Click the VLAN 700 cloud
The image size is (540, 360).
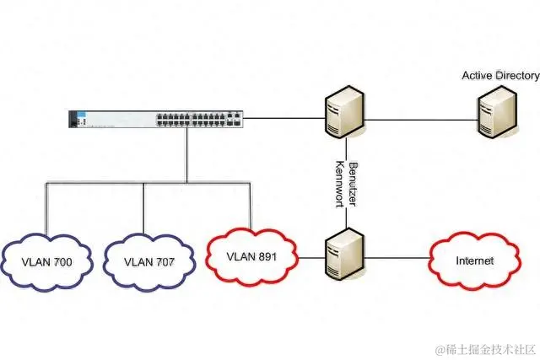(x=47, y=261)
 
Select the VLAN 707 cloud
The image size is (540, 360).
(x=148, y=261)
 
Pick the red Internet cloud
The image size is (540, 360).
(x=474, y=261)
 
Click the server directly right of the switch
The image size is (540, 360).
(x=345, y=110)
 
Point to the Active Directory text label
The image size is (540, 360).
(x=500, y=76)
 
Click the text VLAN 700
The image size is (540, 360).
(x=47, y=262)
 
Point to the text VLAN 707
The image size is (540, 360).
(x=148, y=262)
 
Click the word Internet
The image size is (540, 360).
(x=474, y=261)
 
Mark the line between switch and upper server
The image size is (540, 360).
(x=283, y=119)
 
